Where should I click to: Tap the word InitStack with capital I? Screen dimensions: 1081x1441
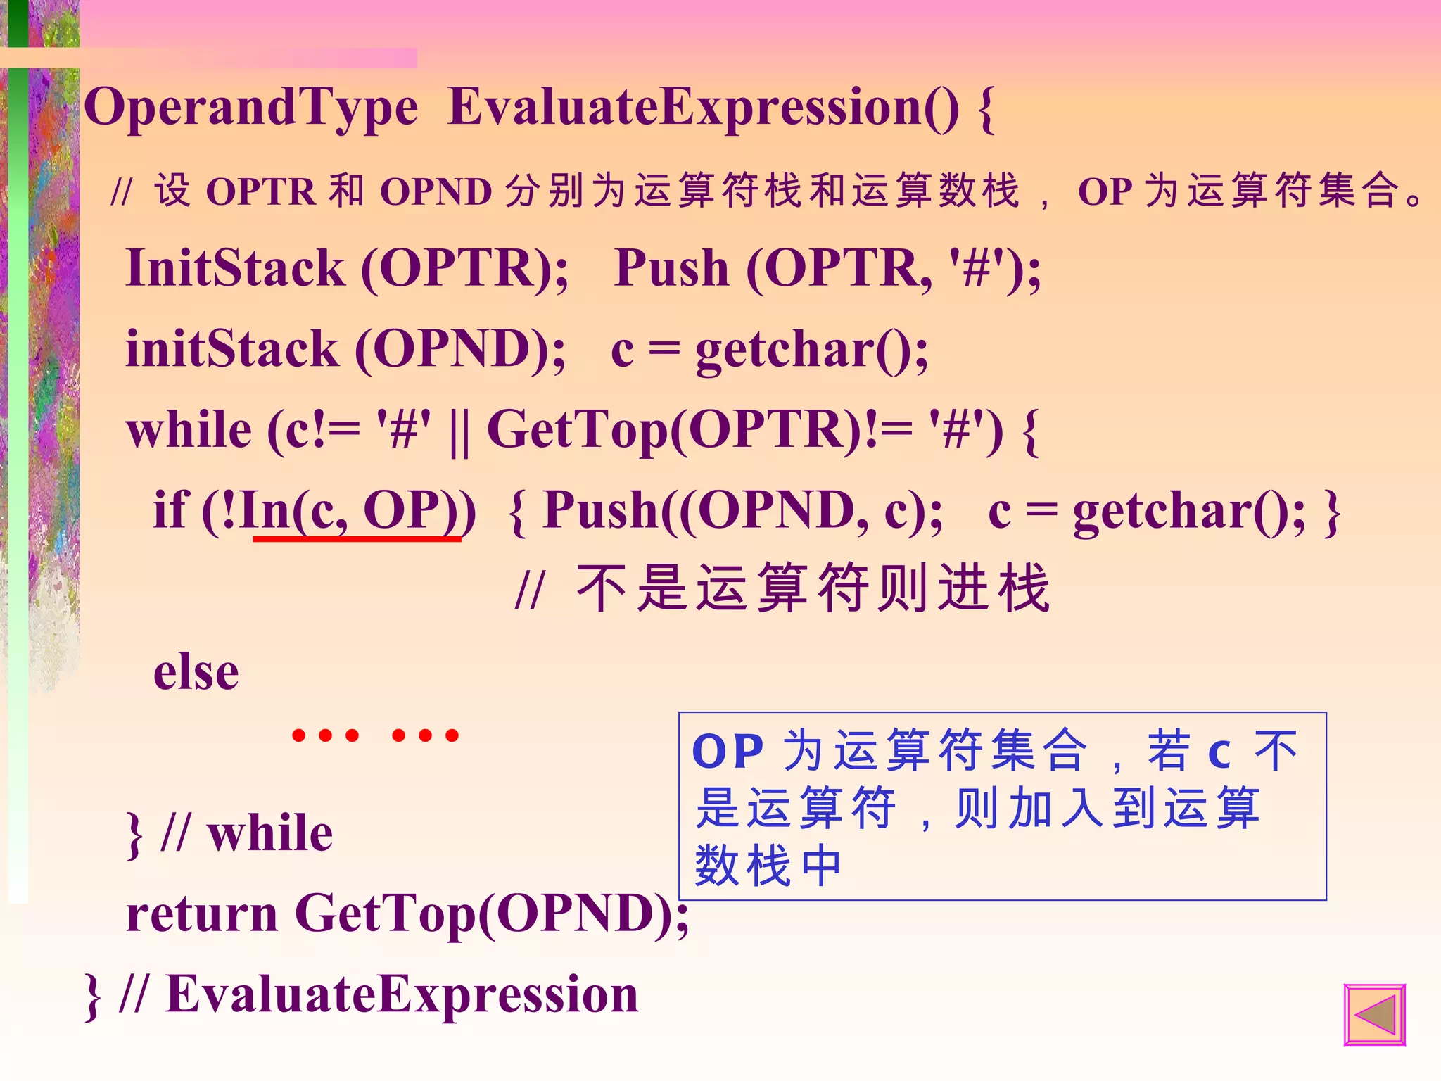(235, 269)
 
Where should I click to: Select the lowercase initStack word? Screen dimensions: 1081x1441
(232, 350)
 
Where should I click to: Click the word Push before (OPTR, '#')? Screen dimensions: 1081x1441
(671, 269)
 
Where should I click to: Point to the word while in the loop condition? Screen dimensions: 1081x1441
(189, 431)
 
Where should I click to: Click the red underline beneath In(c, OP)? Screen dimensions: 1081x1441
(357, 538)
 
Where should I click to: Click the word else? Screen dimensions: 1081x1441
(196, 673)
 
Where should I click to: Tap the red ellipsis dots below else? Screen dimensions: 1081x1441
(375, 735)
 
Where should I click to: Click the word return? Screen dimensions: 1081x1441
(202, 914)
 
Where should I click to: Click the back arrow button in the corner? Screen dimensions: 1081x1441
(1374, 1014)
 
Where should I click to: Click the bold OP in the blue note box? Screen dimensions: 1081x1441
(728, 752)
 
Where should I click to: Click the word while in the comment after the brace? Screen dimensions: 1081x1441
(269, 833)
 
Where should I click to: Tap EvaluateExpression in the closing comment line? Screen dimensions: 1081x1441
(402, 995)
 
